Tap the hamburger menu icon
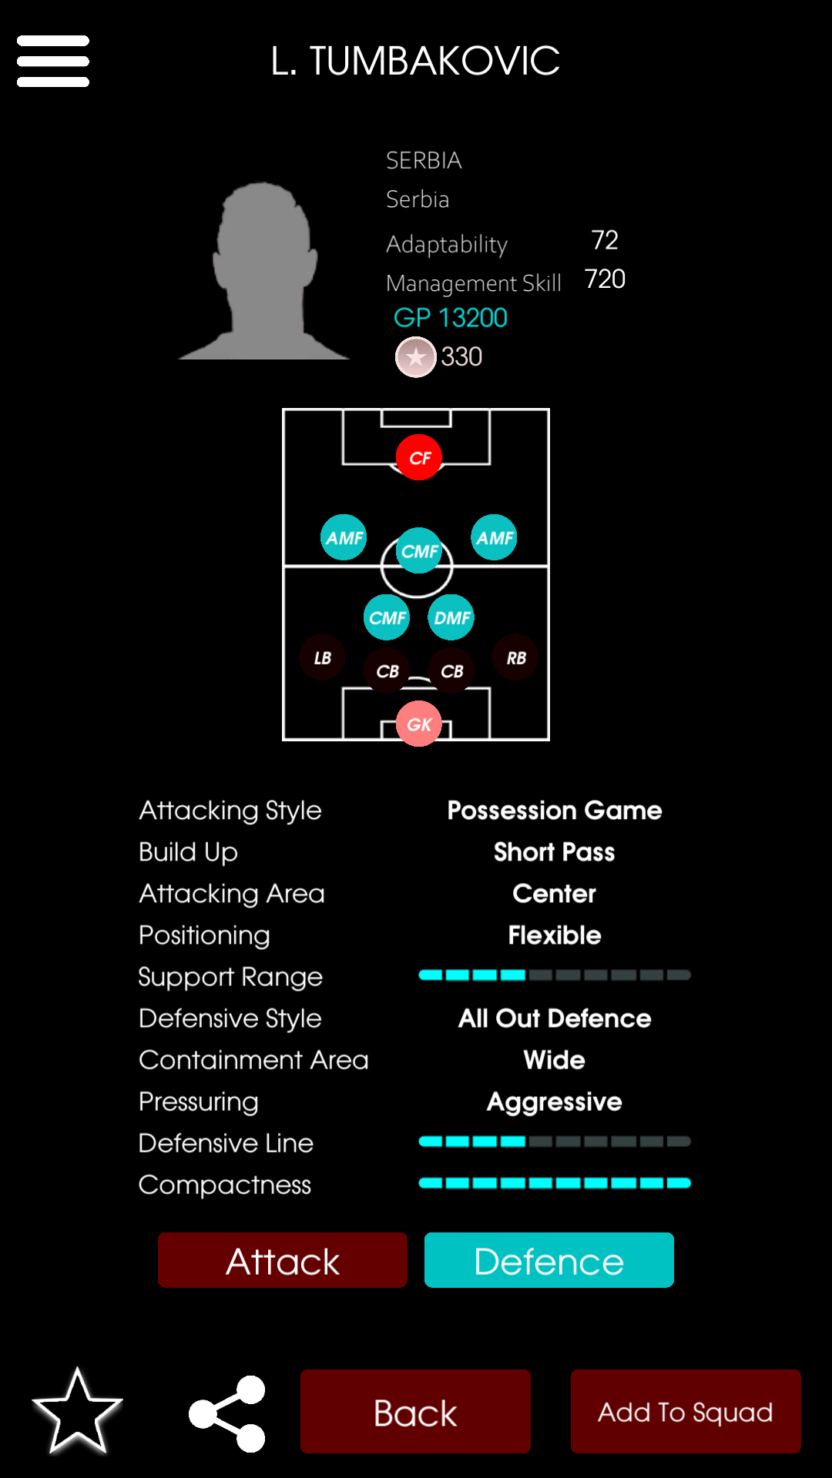click(x=53, y=61)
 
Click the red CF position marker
click(x=418, y=457)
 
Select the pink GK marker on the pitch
click(x=418, y=724)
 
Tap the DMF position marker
click(x=451, y=617)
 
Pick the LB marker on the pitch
click(x=323, y=657)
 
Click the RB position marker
click(x=515, y=657)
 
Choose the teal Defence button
click(x=549, y=1260)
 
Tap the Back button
click(x=415, y=1411)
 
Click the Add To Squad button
click(x=686, y=1411)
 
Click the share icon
click(x=228, y=1413)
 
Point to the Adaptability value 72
click(x=605, y=240)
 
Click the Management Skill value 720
click(x=605, y=279)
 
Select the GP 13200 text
click(x=451, y=317)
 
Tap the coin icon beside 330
click(x=416, y=357)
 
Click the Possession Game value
click(x=555, y=810)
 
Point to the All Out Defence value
click(x=555, y=1018)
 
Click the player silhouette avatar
click(x=264, y=270)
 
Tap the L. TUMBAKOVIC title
click(x=415, y=61)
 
